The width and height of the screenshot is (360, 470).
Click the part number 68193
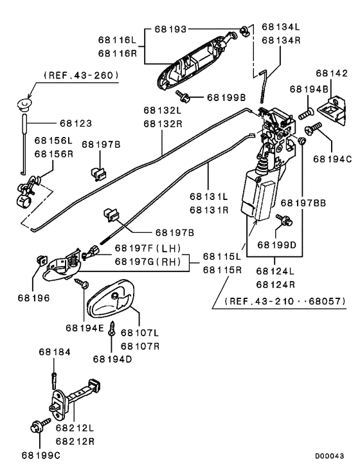click(170, 29)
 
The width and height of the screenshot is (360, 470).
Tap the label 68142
click(332, 73)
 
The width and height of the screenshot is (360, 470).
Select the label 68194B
click(309, 89)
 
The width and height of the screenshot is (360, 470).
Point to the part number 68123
click(76, 123)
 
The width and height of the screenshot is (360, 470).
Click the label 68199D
click(276, 245)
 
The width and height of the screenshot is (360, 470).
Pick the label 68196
click(33, 298)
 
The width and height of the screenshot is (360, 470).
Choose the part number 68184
click(55, 352)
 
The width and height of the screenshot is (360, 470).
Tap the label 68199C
click(40, 455)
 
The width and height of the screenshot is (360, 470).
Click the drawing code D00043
click(329, 456)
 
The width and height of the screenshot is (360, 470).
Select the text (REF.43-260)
click(81, 75)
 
